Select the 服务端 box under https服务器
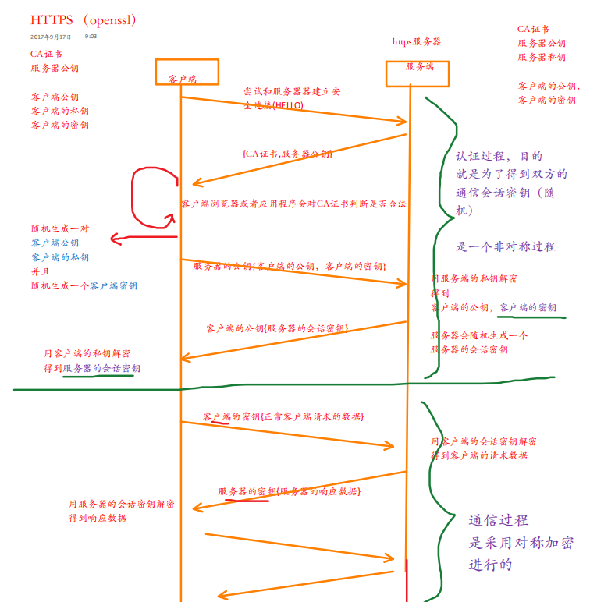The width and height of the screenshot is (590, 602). [419, 68]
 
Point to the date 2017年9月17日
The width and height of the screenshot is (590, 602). [52, 37]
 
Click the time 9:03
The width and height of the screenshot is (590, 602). [91, 37]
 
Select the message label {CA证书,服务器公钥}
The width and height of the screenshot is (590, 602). [287, 154]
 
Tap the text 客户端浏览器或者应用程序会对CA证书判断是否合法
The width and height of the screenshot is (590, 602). [293, 204]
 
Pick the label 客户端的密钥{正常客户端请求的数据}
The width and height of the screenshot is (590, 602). [283, 417]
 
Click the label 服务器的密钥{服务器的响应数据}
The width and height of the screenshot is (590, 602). [289, 492]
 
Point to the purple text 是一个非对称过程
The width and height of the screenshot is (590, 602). [506, 246]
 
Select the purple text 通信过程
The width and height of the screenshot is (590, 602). [498, 521]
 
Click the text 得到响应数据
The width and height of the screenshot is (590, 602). [98, 518]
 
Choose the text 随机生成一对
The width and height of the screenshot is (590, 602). [60, 229]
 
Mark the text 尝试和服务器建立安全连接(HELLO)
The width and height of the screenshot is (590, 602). [292, 98]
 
